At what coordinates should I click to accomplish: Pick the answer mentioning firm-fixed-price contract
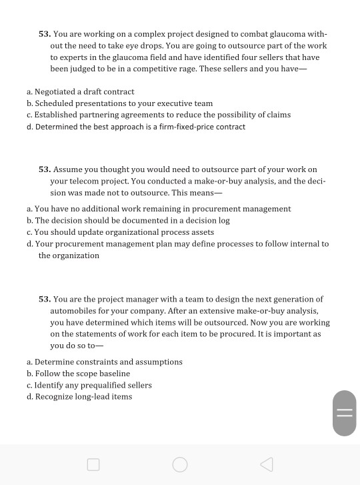tap(140, 127)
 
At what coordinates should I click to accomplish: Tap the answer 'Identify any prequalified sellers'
tap(93, 385)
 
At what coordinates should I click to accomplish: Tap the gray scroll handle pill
tap(344, 413)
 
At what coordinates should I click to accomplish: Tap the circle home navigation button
tap(180, 464)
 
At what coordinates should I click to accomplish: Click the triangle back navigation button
tap(266, 464)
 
